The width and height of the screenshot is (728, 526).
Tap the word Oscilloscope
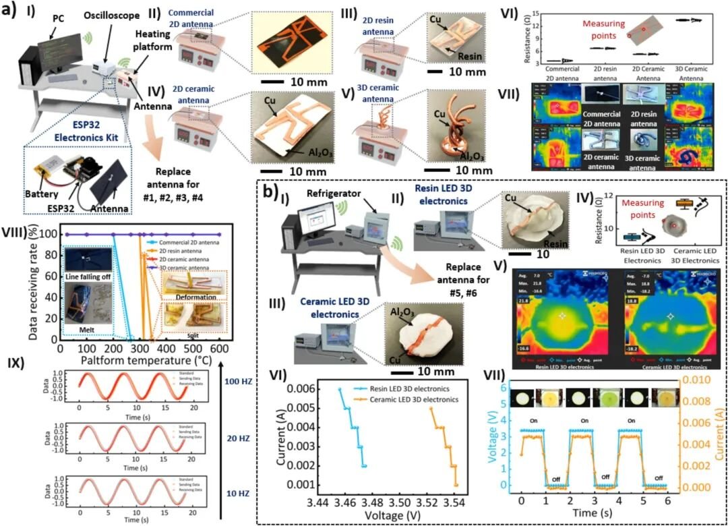tap(112, 16)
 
